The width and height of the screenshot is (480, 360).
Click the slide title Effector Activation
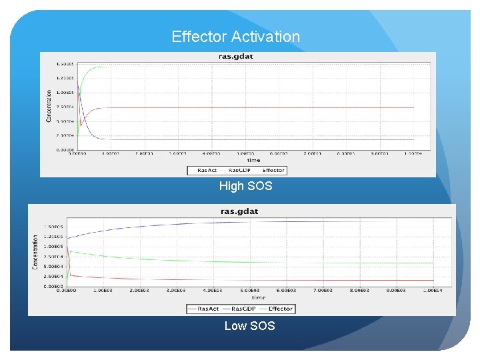236,37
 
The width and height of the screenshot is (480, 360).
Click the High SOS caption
246,186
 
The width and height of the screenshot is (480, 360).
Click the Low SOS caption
249,325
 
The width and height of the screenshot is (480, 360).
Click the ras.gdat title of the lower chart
239,211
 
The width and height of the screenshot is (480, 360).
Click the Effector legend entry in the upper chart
273,170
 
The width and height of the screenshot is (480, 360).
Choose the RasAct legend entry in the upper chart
207,170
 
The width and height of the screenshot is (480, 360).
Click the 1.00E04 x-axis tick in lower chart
432,291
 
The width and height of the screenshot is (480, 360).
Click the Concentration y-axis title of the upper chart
49,106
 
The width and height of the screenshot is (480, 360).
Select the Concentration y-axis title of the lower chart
35,251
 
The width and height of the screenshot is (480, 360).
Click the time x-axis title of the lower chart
258,297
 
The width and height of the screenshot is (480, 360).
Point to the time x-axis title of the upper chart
253,160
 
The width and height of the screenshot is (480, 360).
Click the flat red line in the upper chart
267,107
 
